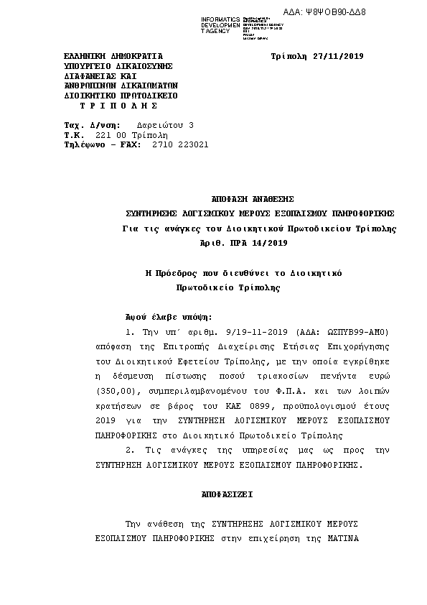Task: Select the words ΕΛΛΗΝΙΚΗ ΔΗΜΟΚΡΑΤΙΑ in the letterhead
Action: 113,55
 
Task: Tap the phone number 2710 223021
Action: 180,144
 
